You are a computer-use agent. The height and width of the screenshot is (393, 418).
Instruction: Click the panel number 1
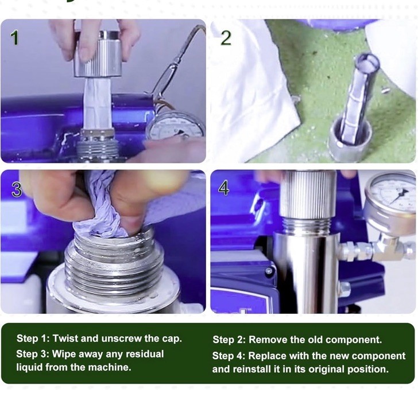15,38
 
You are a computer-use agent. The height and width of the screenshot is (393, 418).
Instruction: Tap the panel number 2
226,38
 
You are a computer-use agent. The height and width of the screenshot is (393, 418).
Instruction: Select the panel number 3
17,189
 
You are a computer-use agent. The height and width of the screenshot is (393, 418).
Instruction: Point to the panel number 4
223,188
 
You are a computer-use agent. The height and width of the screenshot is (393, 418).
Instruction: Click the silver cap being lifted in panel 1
98,55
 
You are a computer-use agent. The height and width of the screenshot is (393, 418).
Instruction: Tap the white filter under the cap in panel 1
98,103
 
